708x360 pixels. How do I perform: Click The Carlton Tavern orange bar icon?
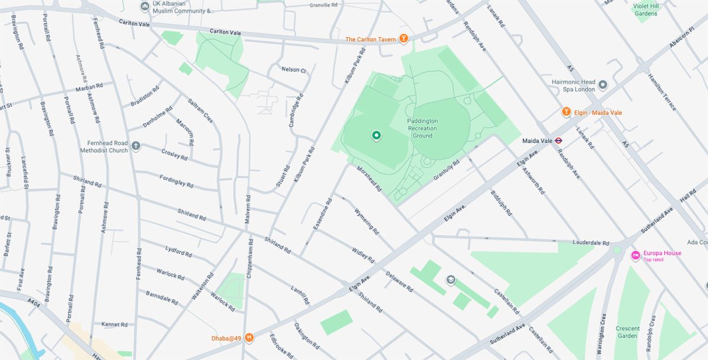click(404, 40)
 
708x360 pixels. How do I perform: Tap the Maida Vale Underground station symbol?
click(558, 140)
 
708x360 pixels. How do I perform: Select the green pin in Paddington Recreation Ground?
click(376, 136)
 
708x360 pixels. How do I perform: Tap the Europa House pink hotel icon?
click(635, 256)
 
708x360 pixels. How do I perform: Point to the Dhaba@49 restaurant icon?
click(250, 338)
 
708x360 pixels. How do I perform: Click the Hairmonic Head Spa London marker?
click(602, 86)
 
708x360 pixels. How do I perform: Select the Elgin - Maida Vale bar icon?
click(566, 112)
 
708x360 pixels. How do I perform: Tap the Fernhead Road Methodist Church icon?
click(136, 146)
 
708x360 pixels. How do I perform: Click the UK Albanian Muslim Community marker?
click(145, 6)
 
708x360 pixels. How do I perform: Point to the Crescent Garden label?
click(627, 332)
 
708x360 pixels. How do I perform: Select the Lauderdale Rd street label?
click(591, 243)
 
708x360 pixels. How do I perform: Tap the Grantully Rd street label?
click(447, 171)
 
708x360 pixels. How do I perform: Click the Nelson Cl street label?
click(294, 70)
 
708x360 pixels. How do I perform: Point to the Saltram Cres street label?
click(200, 110)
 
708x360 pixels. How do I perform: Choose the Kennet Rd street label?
click(114, 325)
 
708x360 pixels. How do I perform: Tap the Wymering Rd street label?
click(365, 219)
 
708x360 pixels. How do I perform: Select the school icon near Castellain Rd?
click(451, 280)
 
